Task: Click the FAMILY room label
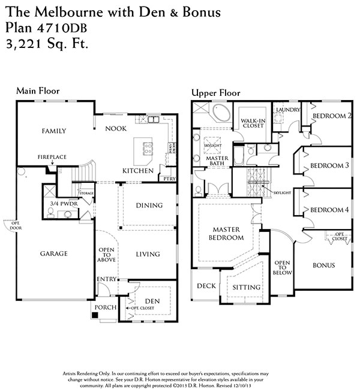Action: (x=53, y=131)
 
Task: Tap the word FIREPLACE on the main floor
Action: (x=52, y=156)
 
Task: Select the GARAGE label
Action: (x=53, y=254)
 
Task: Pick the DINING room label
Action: (x=149, y=206)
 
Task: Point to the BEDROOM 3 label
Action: (x=329, y=165)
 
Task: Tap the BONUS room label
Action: (x=323, y=265)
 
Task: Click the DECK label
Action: (x=206, y=286)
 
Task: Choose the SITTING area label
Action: (x=247, y=288)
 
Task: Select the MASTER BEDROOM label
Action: (x=226, y=234)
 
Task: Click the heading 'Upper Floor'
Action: (x=215, y=93)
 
